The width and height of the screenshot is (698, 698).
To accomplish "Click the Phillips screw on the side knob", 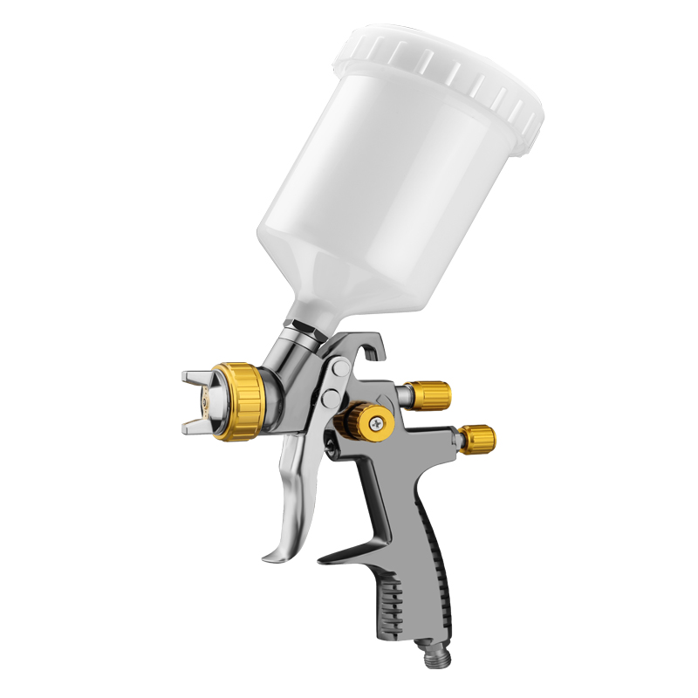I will [374, 424].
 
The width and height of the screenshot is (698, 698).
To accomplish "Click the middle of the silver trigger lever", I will [292, 489].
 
